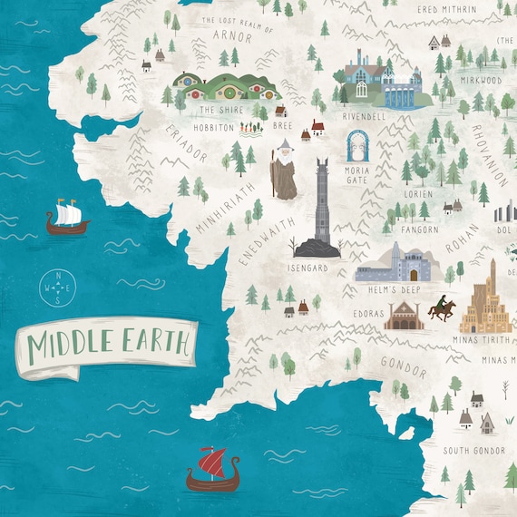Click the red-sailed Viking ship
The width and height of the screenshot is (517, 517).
(x=211, y=468)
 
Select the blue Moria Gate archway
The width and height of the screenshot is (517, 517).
(x=357, y=145)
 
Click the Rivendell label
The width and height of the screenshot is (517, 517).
(x=365, y=116)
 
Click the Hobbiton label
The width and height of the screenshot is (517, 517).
(x=214, y=128)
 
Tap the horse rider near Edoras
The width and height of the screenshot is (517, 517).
(x=443, y=309)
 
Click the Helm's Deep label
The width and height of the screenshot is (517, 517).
(x=389, y=289)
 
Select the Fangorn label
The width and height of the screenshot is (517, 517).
(x=420, y=229)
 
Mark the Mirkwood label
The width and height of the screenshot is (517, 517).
(x=481, y=80)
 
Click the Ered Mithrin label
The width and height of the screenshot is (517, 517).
(x=421, y=9)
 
